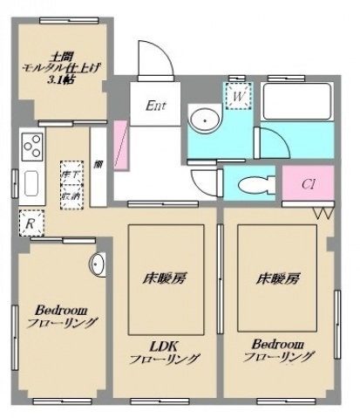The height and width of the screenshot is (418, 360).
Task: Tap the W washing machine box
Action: pyautogui.click(x=236, y=96)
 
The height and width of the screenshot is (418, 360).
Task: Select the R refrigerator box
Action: pyautogui.click(x=31, y=223)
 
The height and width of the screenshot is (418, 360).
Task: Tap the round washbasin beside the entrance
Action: pyautogui.click(x=206, y=120)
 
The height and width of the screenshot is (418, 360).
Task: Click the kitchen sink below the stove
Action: pyautogui.click(x=31, y=183)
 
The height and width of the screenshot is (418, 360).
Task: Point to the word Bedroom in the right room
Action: pyautogui.click(x=278, y=343)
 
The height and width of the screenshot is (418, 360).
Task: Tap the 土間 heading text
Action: pyautogui.click(x=60, y=51)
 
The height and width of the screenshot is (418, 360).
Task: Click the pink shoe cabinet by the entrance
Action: pyautogui.click(x=122, y=145)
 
